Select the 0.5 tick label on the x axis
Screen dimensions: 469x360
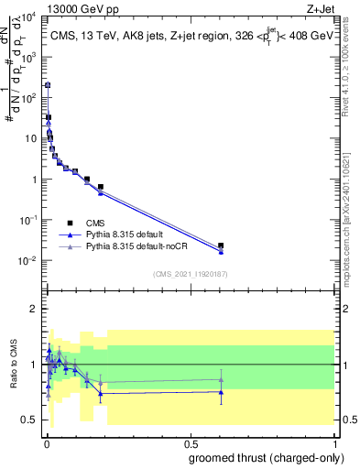pyautogui.click(x=191, y=443)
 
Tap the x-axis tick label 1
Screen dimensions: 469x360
pyautogui.click(x=336, y=443)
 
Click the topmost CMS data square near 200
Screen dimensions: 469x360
pyautogui.click(x=47, y=85)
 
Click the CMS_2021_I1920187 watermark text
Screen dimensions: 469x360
pyautogui.click(x=190, y=274)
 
